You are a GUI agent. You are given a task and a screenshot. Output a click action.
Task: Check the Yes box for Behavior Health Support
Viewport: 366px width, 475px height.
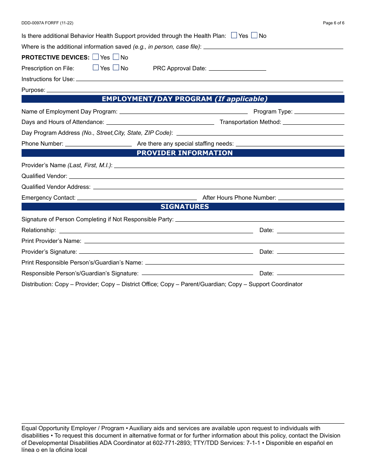point(234,36)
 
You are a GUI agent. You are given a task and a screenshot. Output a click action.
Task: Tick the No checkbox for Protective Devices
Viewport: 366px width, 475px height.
point(116,57)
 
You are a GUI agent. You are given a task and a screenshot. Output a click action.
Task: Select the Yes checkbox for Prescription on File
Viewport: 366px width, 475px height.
point(96,68)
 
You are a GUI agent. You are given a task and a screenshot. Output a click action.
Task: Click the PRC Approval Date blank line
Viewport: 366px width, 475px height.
point(237,68)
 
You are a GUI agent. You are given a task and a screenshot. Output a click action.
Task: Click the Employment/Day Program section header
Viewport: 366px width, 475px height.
point(183,99)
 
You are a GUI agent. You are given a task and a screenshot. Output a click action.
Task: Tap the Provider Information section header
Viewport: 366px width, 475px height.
point(183,153)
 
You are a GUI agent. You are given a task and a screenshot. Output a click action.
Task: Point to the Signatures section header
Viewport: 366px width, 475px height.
point(183,207)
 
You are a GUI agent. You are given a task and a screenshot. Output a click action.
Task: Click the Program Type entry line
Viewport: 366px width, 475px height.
point(319,112)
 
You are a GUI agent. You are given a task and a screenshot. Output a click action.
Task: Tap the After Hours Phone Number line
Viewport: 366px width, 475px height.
point(311,198)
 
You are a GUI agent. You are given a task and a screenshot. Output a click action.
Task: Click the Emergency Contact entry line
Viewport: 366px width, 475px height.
point(137,198)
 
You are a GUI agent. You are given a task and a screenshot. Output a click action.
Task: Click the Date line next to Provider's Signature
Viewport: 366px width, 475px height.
point(311,252)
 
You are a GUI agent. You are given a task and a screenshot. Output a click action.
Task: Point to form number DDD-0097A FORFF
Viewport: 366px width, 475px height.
point(47,23)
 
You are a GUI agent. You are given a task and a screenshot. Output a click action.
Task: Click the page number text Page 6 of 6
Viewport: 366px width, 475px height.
point(334,23)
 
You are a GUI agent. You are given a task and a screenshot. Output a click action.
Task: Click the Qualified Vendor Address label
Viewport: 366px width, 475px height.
point(56,187)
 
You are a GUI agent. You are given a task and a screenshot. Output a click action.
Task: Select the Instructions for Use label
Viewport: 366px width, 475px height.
point(48,79)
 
